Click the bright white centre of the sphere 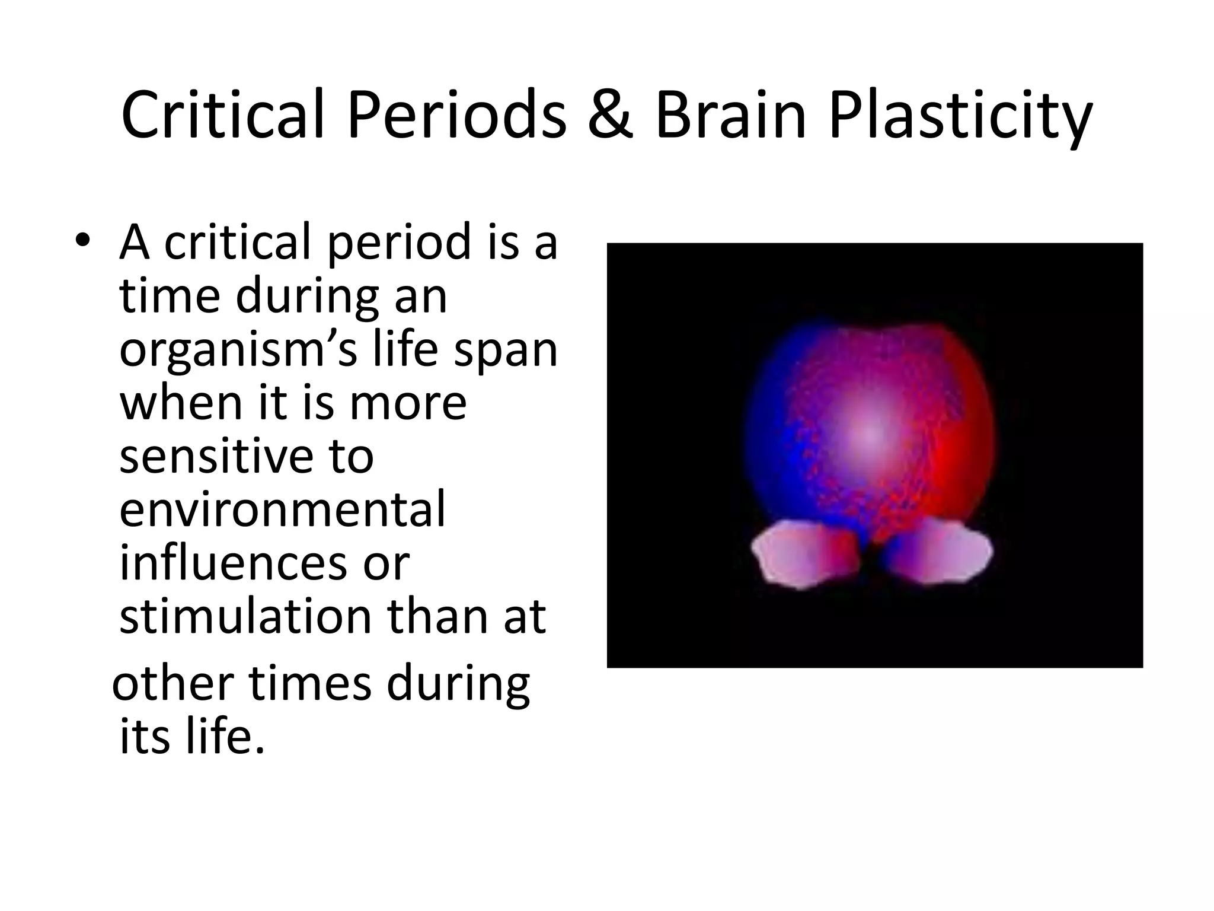(868, 436)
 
